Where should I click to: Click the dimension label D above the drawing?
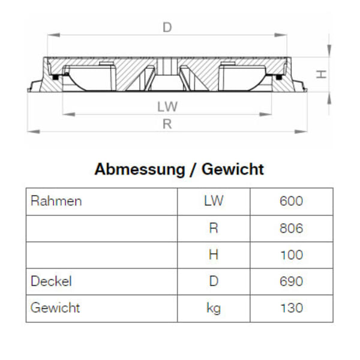[167, 27]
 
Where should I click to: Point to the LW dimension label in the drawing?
[167, 106]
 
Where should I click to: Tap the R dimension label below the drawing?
[167, 124]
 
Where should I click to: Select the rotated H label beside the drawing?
[322, 74]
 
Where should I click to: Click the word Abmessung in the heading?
[139, 169]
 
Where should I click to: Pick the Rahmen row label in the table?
[56, 201]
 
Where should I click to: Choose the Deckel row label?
[51, 281]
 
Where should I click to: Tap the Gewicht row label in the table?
[55, 308]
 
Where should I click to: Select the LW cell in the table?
[214, 201]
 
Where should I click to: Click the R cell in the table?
[214, 228]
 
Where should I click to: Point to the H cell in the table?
[214, 254]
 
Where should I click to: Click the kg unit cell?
[214, 308]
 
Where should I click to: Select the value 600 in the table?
[291, 201]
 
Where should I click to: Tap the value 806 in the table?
[291, 228]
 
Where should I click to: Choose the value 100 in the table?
[291, 254]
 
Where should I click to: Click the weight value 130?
[291, 308]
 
